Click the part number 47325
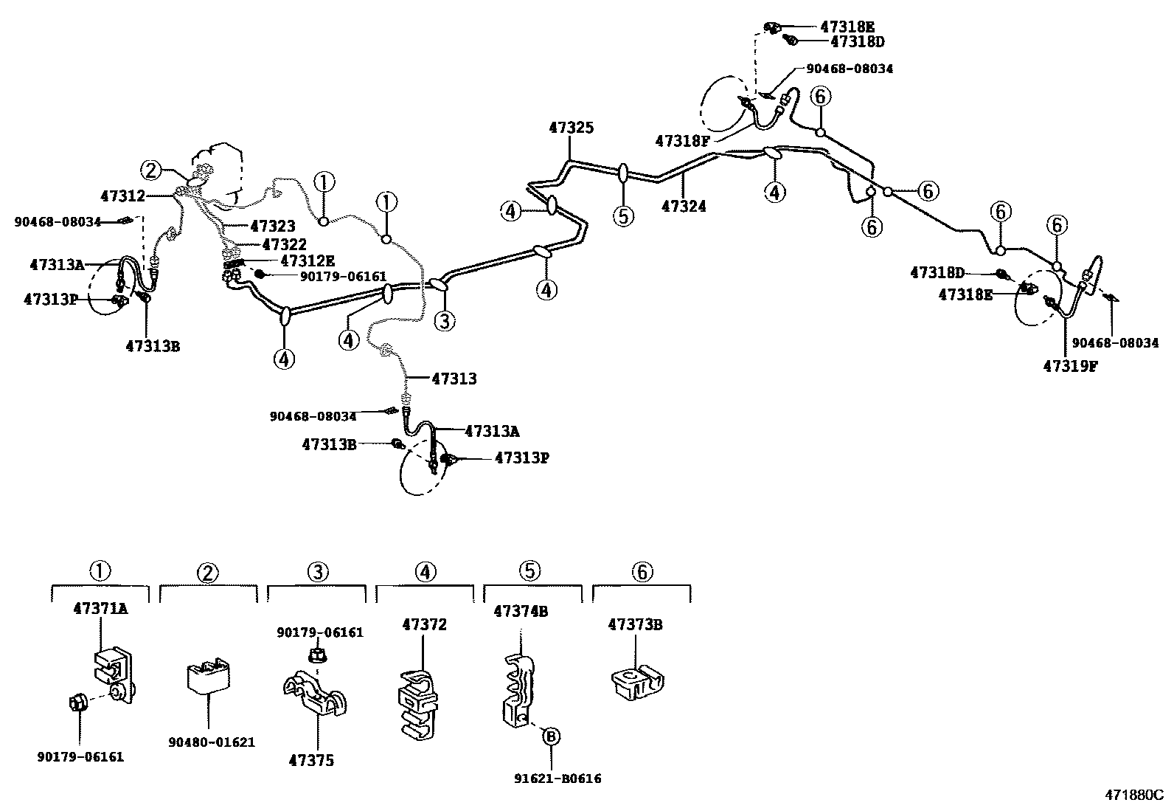click(x=571, y=128)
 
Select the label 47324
click(x=684, y=207)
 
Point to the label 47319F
click(x=1069, y=365)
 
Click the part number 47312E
click(x=308, y=260)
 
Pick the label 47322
click(x=284, y=244)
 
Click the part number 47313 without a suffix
click(x=454, y=379)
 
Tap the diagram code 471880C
click(x=1133, y=795)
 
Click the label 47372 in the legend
click(x=424, y=624)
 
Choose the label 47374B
click(x=521, y=612)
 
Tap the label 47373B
click(x=635, y=624)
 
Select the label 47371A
click(x=100, y=609)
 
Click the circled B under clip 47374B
click(x=550, y=736)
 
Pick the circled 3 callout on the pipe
click(x=444, y=320)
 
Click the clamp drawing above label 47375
click(x=316, y=694)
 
